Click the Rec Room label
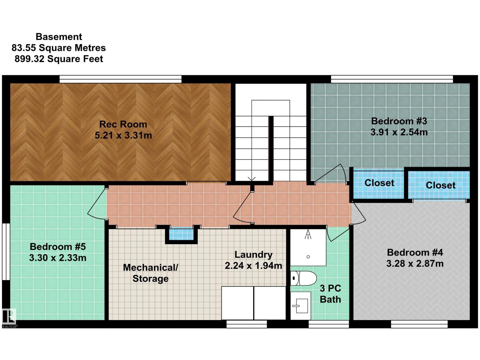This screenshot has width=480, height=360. point(123,124)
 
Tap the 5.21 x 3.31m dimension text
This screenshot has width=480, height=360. point(123,135)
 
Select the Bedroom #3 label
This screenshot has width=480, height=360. point(399,121)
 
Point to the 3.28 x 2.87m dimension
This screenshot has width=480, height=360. point(415,264)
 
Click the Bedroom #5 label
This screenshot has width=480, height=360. point(58,247)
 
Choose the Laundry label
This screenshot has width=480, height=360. point(253,255)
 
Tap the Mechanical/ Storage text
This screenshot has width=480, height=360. point(151,273)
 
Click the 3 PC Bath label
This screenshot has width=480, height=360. point(330,294)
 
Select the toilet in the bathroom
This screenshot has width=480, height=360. point(303,278)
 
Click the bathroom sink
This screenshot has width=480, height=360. point(301,306)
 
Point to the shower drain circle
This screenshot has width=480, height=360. point(308,257)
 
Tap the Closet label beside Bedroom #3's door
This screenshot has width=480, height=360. point(379,183)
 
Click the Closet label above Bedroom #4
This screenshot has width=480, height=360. point(440,185)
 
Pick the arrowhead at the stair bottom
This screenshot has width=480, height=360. point(252,179)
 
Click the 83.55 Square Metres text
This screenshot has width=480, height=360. point(58,48)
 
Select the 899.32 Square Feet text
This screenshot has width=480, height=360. point(59,59)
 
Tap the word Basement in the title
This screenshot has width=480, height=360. point(59,37)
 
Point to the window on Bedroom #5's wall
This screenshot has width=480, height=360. point(6,251)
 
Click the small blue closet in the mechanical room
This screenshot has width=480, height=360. point(181,234)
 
